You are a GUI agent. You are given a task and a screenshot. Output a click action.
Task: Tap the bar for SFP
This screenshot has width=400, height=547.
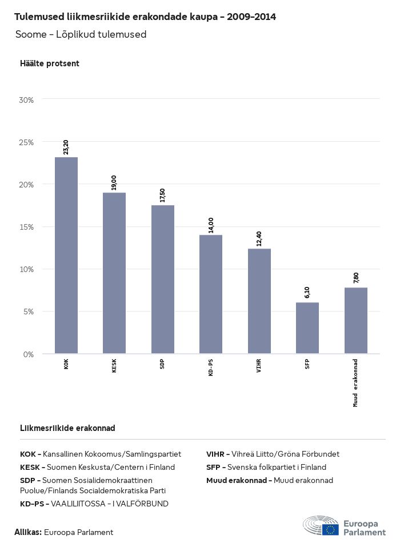307,328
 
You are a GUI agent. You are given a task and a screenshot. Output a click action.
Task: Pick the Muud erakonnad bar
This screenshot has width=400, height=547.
355,321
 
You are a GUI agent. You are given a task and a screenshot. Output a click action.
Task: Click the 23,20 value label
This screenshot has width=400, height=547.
66,147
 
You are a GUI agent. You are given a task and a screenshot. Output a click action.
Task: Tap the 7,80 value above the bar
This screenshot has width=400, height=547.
355,278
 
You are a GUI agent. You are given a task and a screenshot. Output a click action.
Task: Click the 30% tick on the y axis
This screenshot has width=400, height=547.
27,99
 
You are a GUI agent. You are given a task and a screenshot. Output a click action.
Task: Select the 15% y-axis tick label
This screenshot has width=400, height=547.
27,227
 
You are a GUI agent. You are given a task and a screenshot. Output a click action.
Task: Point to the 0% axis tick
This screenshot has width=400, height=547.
29,354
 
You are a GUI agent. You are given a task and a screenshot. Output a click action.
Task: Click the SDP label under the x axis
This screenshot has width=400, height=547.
163,365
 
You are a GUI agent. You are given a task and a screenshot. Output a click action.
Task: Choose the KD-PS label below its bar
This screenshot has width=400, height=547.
211,368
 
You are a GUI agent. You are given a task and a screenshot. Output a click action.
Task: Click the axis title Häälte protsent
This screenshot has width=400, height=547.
50,63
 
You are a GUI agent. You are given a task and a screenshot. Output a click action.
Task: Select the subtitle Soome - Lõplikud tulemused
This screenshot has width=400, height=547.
81,34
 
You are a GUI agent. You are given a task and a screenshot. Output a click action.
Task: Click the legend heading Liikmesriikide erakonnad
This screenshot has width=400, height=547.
67,428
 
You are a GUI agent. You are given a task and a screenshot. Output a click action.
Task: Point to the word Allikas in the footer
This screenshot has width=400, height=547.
28,532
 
